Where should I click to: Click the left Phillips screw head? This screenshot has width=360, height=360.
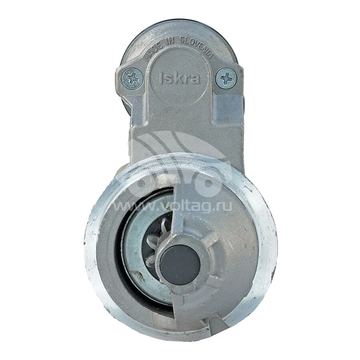coord(132,79)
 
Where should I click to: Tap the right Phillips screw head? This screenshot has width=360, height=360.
coord(226,78)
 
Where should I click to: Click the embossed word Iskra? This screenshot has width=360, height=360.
coord(179,78)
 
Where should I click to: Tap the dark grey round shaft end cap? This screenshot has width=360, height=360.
coord(180,264)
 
